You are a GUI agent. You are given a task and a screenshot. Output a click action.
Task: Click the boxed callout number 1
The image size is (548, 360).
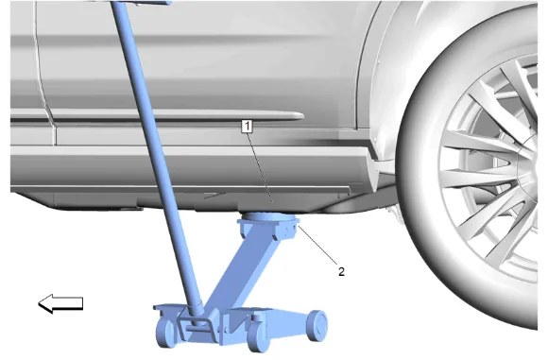[247, 127]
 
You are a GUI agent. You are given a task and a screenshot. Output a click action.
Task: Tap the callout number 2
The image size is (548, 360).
[341, 271]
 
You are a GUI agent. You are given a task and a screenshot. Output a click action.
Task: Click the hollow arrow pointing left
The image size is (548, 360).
[60, 303]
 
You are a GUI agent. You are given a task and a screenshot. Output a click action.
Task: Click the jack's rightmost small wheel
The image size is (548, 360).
[317, 325]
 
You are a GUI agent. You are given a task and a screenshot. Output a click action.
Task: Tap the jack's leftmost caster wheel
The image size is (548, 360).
[165, 333]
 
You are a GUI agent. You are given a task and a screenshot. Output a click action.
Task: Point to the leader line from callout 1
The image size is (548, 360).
[259, 168]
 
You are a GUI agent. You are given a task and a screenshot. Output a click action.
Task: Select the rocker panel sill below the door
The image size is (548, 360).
[189, 169]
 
